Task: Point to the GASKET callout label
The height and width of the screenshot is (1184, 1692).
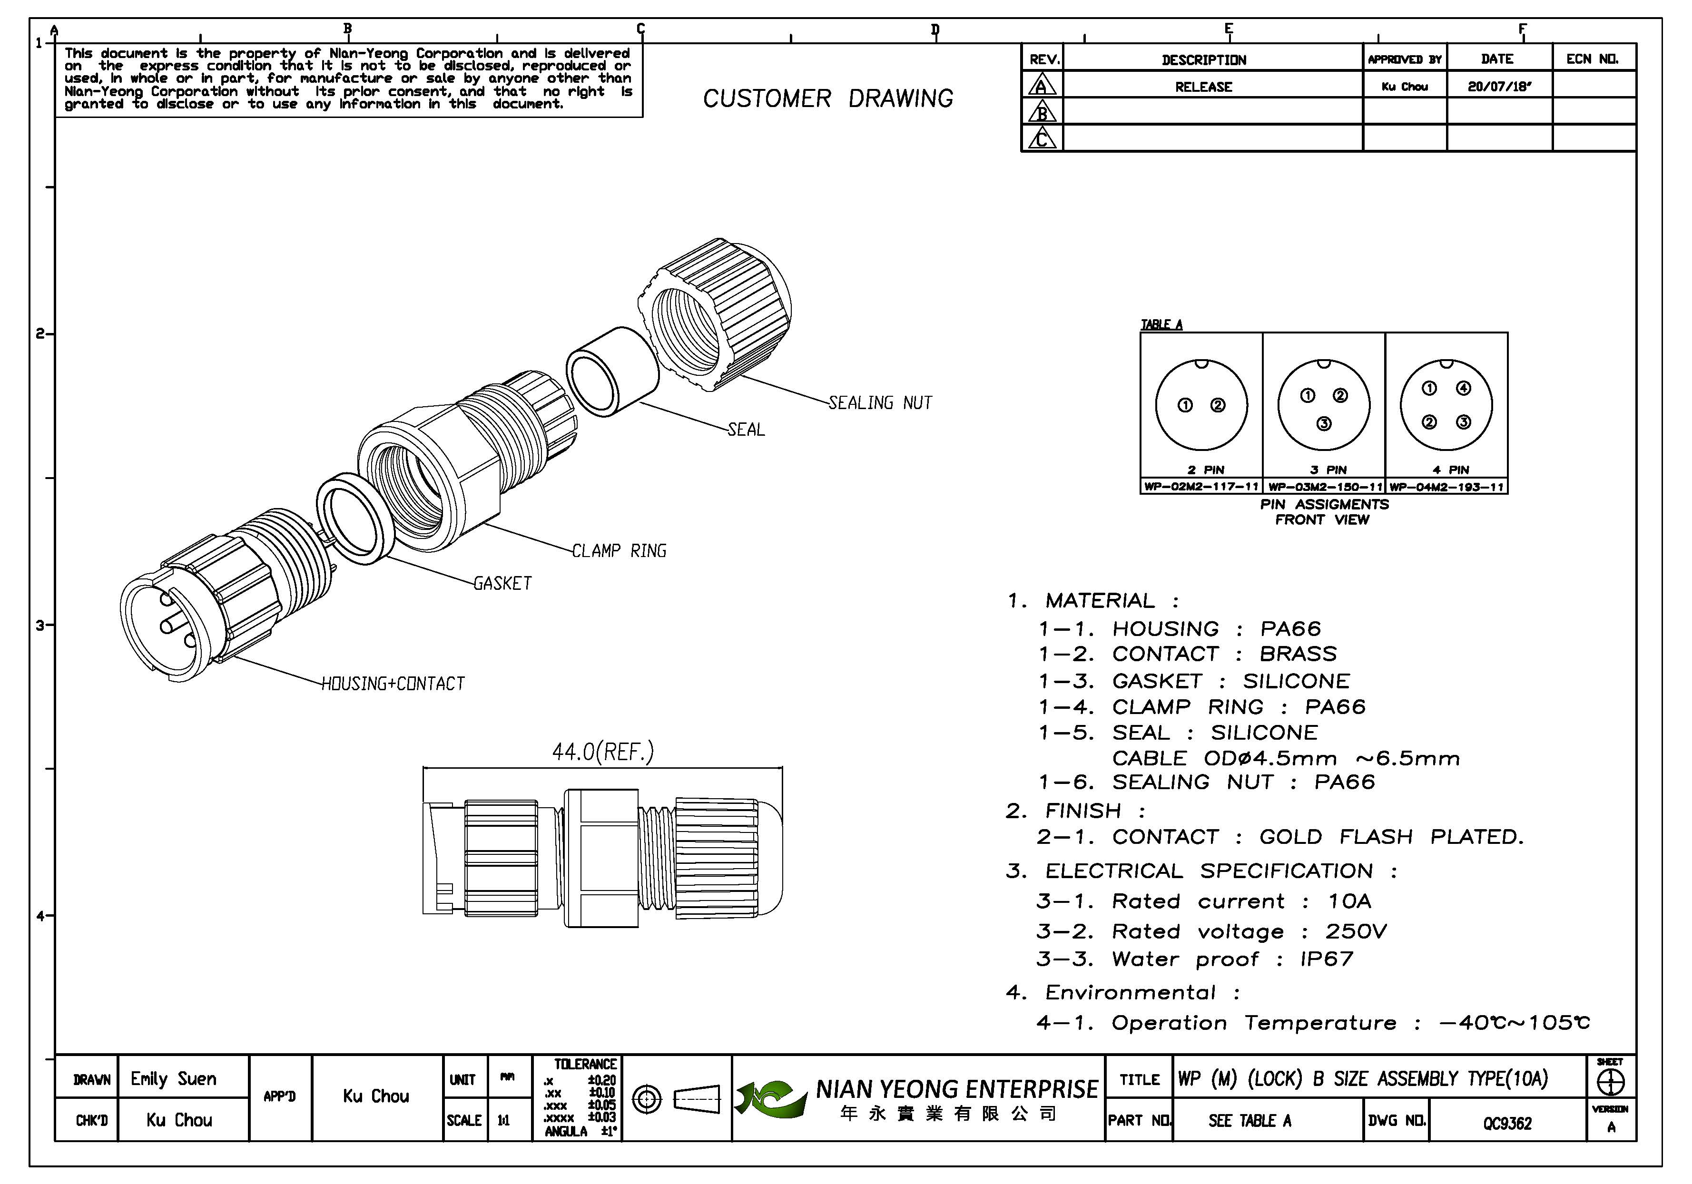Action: pyautogui.click(x=502, y=584)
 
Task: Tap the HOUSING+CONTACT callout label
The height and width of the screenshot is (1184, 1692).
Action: pyautogui.click(x=393, y=684)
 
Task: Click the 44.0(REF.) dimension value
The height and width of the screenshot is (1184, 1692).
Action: pyautogui.click(x=603, y=752)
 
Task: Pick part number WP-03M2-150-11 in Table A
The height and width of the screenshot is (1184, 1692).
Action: pyautogui.click(x=1324, y=487)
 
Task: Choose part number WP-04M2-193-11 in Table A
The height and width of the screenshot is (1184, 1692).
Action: pyautogui.click(x=1446, y=487)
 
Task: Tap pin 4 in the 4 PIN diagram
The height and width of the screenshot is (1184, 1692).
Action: pyautogui.click(x=1464, y=388)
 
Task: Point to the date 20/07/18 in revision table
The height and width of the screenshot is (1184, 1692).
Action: pyautogui.click(x=1499, y=86)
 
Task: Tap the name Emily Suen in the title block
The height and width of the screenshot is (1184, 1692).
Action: pyautogui.click(x=174, y=1079)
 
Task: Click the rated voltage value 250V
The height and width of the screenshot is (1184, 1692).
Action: pyautogui.click(x=1356, y=931)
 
